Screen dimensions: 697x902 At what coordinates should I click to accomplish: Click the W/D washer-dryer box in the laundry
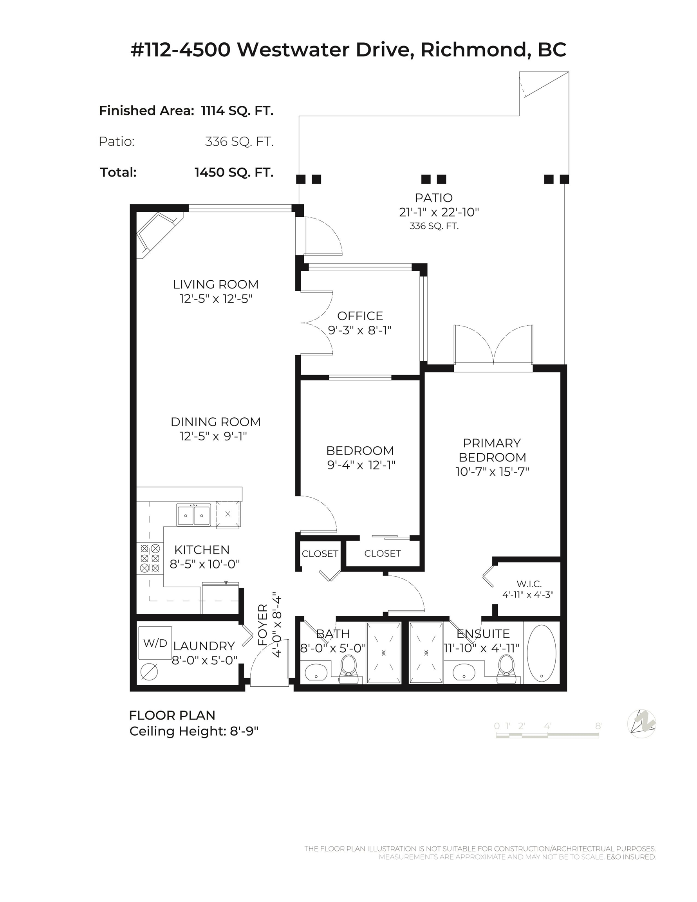(x=155, y=643)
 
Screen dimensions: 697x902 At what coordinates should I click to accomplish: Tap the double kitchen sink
(x=193, y=514)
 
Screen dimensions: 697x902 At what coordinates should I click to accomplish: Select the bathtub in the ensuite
(x=541, y=653)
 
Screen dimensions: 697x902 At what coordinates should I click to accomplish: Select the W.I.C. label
(x=529, y=584)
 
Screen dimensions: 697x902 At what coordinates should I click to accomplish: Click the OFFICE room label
(x=360, y=316)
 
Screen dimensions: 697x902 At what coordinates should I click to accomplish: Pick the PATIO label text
(x=434, y=198)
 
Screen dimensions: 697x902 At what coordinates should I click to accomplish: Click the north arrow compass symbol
(x=641, y=723)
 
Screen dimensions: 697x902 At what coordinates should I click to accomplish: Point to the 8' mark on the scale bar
(x=598, y=726)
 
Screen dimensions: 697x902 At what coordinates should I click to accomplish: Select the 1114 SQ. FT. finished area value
(x=237, y=111)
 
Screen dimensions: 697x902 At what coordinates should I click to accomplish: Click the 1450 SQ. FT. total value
(x=234, y=172)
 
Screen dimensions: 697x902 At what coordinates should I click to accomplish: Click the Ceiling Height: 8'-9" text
(x=194, y=731)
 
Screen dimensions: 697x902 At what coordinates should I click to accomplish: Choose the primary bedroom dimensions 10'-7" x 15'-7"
(x=492, y=472)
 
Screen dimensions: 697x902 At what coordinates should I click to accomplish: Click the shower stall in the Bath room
(x=384, y=653)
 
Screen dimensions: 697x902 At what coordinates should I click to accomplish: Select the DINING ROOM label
(x=216, y=422)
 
